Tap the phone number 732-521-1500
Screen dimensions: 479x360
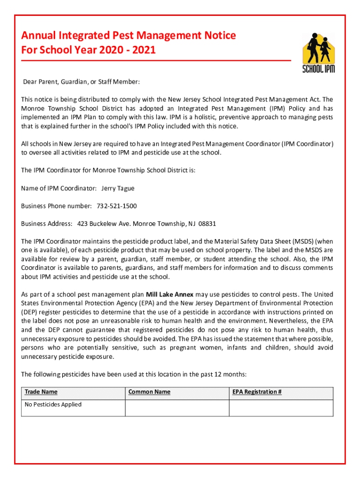click(116, 206)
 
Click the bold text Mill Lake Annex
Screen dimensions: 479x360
click(170, 294)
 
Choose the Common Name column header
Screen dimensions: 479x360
click(149, 392)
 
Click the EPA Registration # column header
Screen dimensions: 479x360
click(257, 392)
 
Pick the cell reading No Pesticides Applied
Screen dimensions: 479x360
click(53, 404)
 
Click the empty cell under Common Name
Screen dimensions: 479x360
click(177, 408)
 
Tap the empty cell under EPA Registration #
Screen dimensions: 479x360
click(281, 408)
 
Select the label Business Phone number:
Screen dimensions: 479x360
click(57, 206)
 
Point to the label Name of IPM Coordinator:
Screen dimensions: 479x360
click(59, 188)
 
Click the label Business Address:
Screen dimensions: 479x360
click(47, 224)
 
